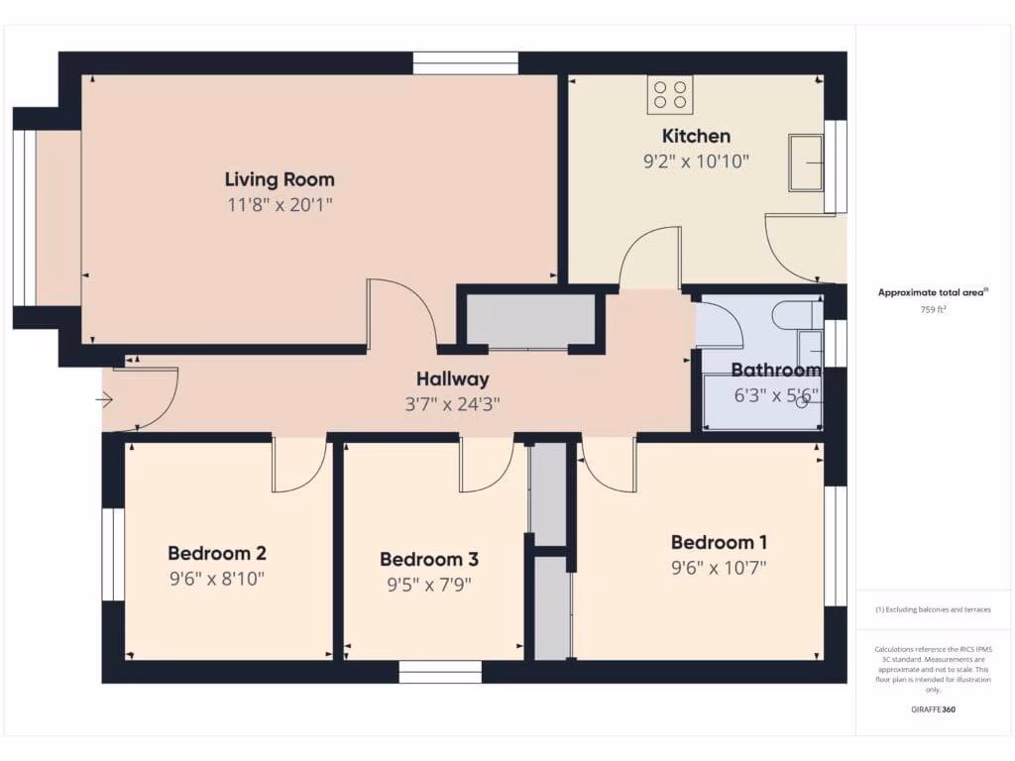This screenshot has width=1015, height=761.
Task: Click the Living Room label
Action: point(280,179)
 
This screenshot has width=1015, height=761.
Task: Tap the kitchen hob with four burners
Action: point(670,95)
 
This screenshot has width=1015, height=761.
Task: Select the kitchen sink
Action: point(805,163)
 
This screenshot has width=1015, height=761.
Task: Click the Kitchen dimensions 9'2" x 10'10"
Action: point(696,160)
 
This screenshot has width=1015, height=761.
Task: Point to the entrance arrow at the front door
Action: point(105,400)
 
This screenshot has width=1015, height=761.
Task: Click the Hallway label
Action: point(452,379)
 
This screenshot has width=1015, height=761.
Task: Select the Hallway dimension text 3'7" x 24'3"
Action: point(452,403)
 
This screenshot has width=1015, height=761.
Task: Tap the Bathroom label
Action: point(775,371)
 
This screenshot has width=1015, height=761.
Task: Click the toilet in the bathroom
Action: point(798,315)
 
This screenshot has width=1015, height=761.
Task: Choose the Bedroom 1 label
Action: point(719,542)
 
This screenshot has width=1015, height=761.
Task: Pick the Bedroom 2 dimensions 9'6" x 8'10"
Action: point(216,578)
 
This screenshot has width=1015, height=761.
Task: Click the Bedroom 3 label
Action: point(428,559)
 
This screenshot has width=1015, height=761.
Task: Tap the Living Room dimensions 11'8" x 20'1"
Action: point(280,205)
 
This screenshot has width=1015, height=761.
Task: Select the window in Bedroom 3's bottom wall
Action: point(440,673)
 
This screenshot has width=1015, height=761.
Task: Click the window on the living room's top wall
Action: point(465,63)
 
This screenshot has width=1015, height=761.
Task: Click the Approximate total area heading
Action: point(933,292)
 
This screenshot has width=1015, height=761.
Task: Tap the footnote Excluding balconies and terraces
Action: point(933,609)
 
